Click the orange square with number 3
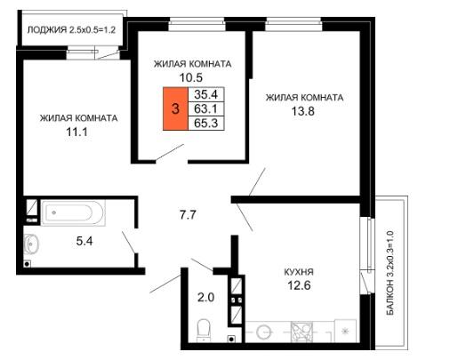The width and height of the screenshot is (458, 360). coord(175,108)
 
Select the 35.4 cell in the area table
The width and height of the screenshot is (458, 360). coord(206,94)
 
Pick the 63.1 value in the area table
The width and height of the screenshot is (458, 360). coord(206,108)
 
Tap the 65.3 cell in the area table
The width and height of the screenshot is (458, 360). coord(206,123)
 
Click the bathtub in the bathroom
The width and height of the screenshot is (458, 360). coord(73,212)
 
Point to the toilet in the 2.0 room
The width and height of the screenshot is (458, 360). coord(204,330)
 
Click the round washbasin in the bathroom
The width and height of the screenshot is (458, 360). coord(31,244)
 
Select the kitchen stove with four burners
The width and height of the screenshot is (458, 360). coord(301,331)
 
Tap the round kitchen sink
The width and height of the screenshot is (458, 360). coord(264,332)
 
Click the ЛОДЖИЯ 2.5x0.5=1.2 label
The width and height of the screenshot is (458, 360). coord(71,30)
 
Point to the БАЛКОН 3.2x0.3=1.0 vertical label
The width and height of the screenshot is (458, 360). coord(390,273)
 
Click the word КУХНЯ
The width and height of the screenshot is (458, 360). coord(299,272)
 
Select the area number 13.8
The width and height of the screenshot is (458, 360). coord(302,111)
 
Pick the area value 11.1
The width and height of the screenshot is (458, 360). coord(76,132)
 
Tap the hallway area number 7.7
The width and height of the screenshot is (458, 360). coord(188,214)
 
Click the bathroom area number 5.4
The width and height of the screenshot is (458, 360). coord(84,241)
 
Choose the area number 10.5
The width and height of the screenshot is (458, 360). coord(191,77)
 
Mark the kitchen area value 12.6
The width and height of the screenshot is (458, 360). coord(299,285)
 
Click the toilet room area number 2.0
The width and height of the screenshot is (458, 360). coord(205,297)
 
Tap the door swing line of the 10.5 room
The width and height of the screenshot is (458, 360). coord(170,152)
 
